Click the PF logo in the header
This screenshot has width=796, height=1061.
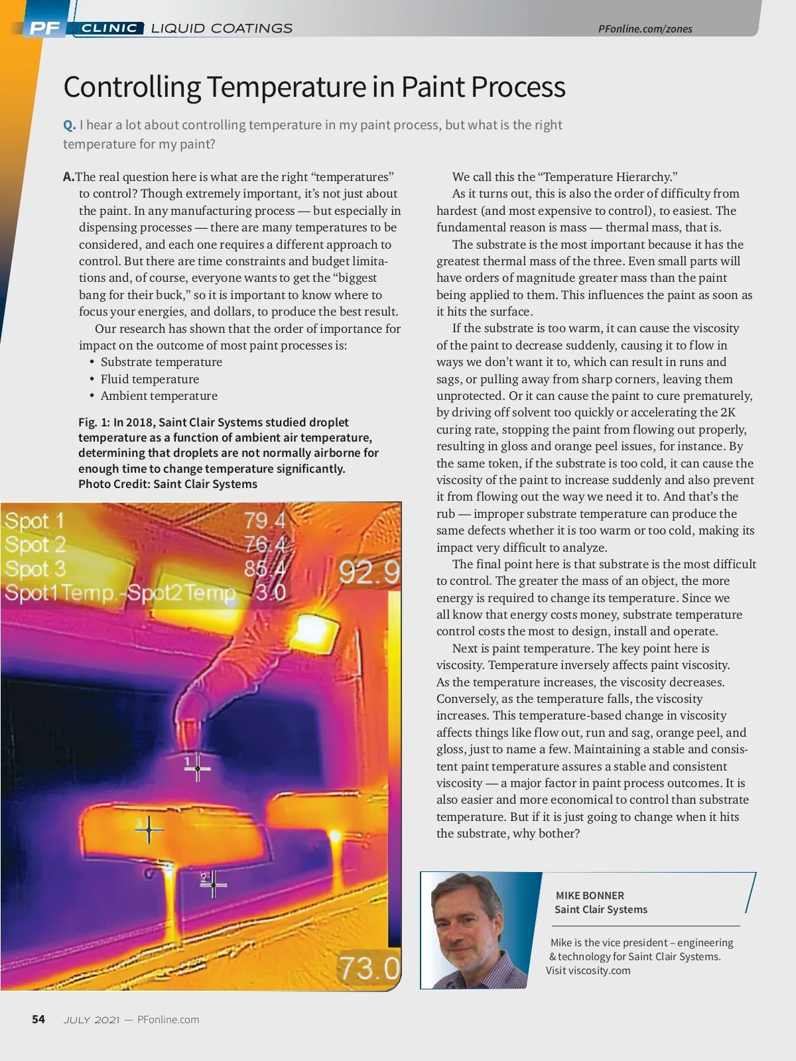click(44, 28)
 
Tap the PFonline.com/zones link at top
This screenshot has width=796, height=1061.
click(645, 29)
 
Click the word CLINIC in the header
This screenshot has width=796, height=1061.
click(109, 28)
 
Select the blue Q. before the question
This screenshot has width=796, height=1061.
click(69, 125)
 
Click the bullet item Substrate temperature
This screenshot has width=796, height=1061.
click(161, 362)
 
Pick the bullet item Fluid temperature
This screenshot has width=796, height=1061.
click(149, 379)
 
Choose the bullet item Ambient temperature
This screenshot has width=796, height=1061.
click(159, 396)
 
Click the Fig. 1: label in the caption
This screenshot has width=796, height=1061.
click(94, 422)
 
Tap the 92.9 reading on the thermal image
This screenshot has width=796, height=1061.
click(369, 572)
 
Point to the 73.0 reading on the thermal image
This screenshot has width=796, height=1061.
click(369, 968)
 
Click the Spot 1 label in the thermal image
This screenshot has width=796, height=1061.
click(34, 521)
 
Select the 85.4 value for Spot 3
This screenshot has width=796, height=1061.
click(265, 569)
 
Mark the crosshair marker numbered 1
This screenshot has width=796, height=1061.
click(197, 769)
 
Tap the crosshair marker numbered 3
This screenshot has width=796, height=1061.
click(149, 830)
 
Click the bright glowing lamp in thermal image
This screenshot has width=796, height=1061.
click(312, 631)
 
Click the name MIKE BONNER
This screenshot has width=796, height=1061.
click(590, 895)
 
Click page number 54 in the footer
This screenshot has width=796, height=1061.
click(38, 1019)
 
